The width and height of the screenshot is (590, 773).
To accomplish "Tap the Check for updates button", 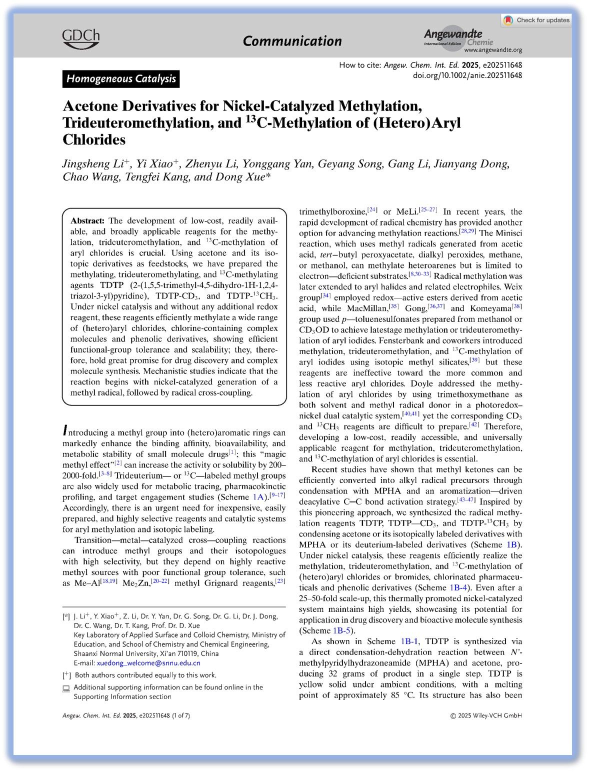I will pyautogui.click(x=537, y=20).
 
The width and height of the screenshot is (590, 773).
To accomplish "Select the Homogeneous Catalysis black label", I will pyautogui.click(x=121, y=79).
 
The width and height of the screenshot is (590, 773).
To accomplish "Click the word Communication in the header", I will pyautogui.click(x=292, y=41).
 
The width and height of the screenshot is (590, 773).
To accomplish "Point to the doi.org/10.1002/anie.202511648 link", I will pyautogui.click(x=467, y=75).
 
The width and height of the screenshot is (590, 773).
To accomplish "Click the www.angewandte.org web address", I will pyautogui.click(x=493, y=50).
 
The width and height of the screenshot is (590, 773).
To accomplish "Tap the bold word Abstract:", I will pyautogui.click(x=87, y=220).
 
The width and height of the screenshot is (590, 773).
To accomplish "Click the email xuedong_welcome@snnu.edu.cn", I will pyautogui.click(x=148, y=663).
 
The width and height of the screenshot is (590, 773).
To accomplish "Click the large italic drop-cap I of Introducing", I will pyautogui.click(x=65, y=430).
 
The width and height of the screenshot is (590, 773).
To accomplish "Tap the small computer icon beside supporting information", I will pyautogui.click(x=66, y=688).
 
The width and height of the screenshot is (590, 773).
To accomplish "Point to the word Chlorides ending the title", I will pyautogui.click(x=94, y=139).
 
